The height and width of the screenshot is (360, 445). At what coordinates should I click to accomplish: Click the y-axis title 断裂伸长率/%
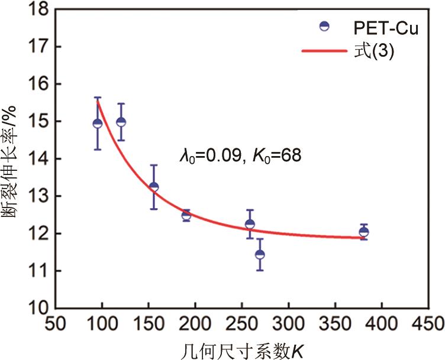tap(12, 158)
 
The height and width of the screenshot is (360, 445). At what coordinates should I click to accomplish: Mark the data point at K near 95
tap(98, 123)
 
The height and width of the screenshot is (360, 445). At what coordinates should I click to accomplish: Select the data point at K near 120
tap(121, 122)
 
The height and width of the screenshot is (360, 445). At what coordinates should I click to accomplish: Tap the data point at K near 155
tap(154, 187)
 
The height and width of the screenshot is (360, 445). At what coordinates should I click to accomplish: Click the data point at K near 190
tap(186, 216)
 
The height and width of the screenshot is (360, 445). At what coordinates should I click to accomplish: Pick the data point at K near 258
tap(250, 224)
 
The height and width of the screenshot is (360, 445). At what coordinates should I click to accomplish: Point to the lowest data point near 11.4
tap(260, 254)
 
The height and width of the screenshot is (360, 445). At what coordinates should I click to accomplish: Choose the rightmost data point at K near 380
tap(363, 232)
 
